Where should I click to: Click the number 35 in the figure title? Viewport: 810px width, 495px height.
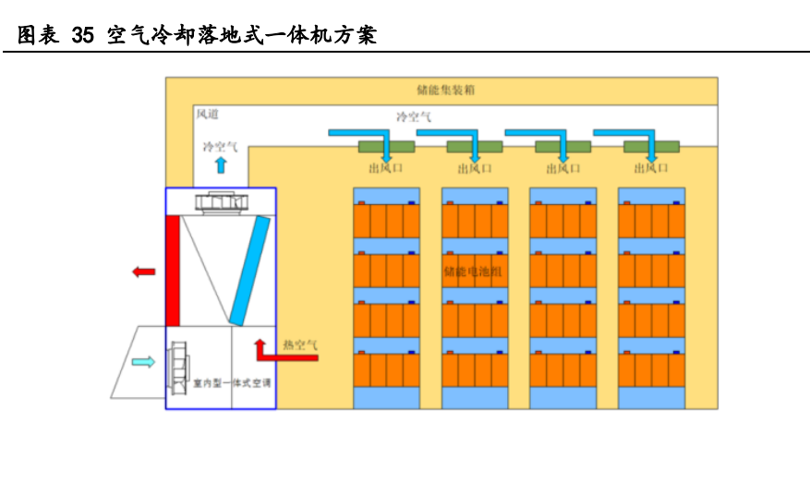[82, 36]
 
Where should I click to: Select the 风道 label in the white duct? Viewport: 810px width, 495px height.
[207, 114]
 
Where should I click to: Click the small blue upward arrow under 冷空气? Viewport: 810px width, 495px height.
[220, 165]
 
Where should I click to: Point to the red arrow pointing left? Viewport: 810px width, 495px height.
[143, 272]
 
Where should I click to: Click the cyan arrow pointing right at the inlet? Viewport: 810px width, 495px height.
[143, 362]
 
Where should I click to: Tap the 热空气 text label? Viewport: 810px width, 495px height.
[300, 344]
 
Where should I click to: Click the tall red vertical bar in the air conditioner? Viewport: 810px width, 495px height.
[173, 271]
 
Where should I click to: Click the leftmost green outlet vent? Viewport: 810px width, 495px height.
[386, 146]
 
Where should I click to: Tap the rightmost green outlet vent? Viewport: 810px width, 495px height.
[651, 146]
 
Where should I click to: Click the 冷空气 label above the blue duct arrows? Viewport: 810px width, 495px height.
[414, 117]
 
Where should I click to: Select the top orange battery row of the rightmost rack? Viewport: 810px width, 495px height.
[651, 221]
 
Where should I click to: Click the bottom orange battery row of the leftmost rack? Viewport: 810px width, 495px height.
[386, 370]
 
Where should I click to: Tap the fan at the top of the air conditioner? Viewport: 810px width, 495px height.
[220, 202]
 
